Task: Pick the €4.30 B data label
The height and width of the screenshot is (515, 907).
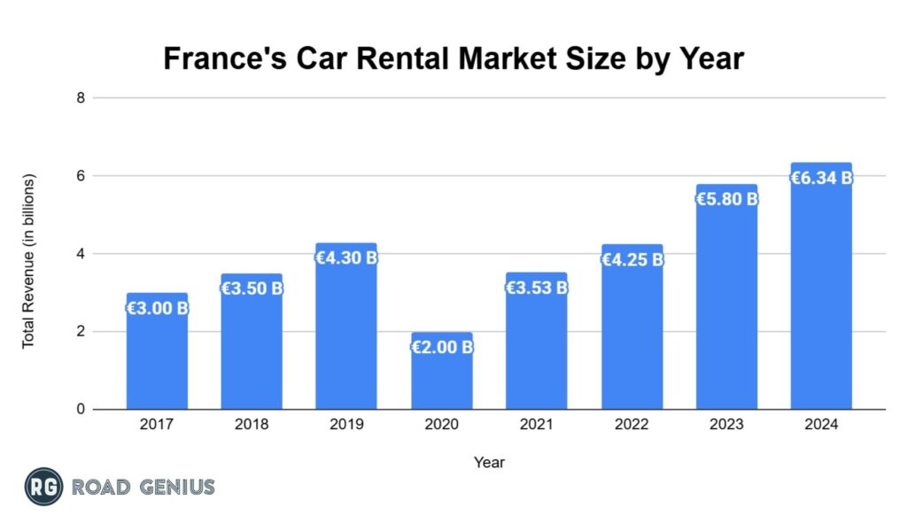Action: [346, 258]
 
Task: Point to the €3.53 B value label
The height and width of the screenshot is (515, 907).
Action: [536, 288]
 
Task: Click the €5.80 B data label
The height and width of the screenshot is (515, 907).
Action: [726, 199]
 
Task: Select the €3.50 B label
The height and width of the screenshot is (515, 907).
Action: [252, 288]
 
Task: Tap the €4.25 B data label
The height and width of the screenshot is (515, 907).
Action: [632, 260]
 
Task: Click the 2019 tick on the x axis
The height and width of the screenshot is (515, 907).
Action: [346, 425]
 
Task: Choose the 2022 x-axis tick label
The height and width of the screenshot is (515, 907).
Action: [632, 425]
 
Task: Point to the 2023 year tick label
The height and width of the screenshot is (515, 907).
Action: [726, 425]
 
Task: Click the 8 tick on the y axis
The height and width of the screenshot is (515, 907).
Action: [80, 97]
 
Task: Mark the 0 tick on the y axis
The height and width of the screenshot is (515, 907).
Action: [80, 410]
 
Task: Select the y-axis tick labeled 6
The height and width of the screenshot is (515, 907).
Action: [80, 176]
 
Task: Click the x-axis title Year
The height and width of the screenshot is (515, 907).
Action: [489, 462]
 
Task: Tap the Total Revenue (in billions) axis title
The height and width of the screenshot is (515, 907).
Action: [28, 261]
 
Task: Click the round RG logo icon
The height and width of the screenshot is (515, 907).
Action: [43, 487]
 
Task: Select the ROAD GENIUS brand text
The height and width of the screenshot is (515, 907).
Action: [143, 487]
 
